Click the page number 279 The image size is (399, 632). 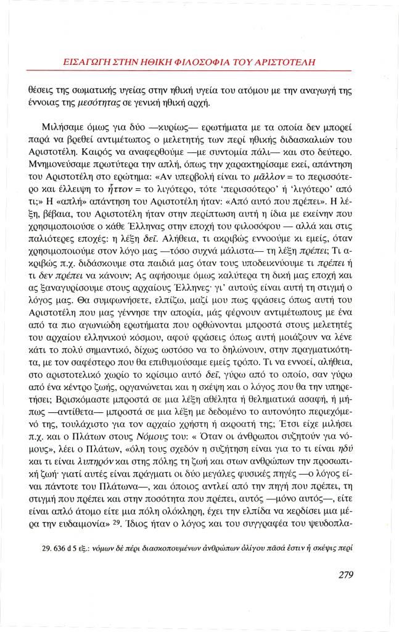(346, 575)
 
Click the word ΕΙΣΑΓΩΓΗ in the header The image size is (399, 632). (86, 62)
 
